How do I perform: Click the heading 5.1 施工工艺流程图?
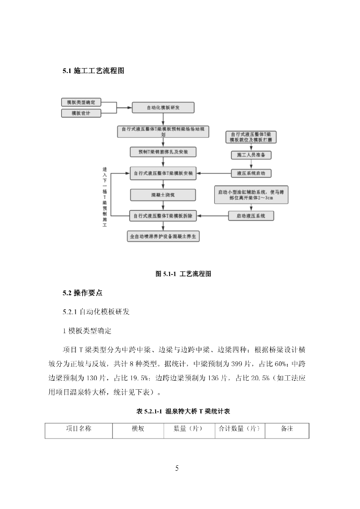93,71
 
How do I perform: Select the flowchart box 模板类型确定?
81,102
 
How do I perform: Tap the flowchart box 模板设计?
81,113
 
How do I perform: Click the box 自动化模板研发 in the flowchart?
163,107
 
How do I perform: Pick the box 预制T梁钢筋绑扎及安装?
163,151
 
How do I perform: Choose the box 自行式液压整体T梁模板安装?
163,174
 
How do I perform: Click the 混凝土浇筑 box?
163,195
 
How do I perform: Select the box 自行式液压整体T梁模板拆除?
163,216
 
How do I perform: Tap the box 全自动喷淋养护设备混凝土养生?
163,237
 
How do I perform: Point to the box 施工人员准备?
251,155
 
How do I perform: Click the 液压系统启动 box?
251,173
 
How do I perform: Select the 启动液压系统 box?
251,216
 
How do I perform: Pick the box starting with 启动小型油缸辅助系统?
251,195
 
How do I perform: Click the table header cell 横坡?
138,428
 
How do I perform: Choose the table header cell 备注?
287,428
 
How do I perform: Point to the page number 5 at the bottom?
177,468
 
